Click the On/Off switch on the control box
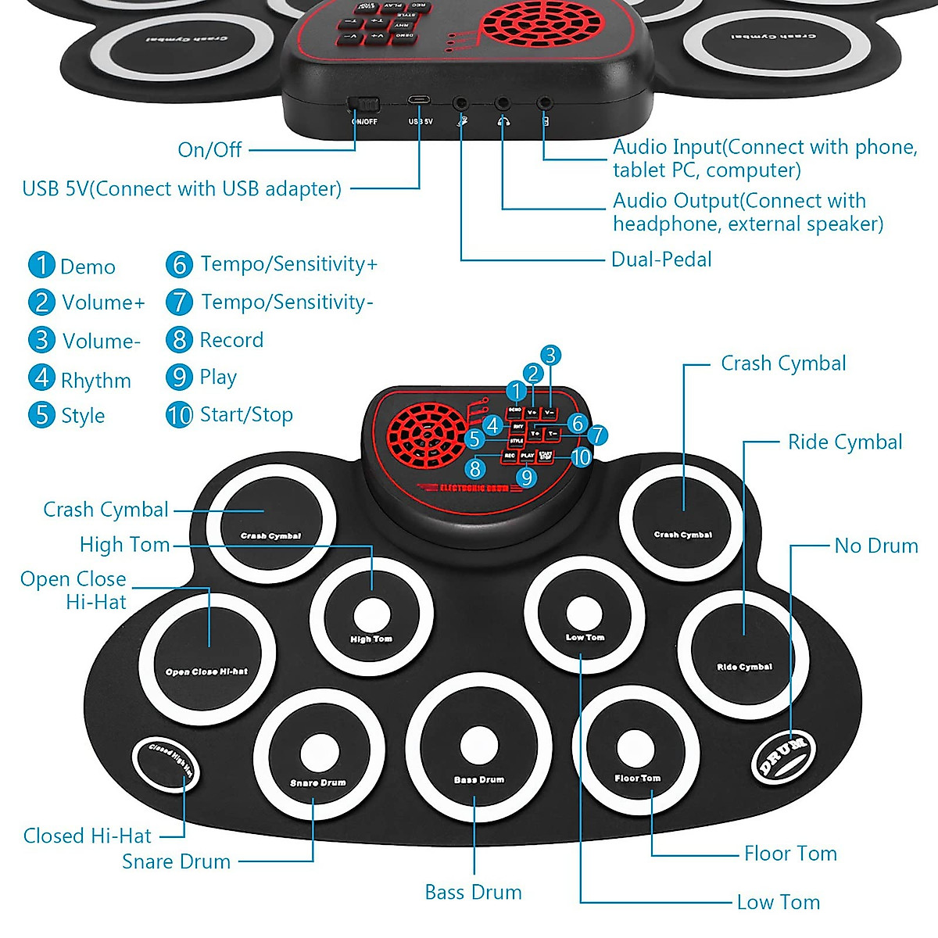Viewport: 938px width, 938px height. (x=363, y=104)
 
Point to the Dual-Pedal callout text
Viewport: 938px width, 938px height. (x=661, y=260)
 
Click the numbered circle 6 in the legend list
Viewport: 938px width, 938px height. (x=179, y=264)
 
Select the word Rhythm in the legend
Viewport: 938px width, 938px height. (x=95, y=381)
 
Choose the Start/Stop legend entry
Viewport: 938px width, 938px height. (x=246, y=414)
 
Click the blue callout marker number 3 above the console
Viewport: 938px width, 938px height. (x=550, y=356)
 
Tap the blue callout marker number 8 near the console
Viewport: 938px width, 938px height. (x=475, y=469)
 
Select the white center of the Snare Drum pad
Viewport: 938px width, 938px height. (x=320, y=752)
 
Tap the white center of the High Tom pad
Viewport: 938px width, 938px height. (x=371, y=614)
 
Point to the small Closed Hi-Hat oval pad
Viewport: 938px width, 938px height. (x=165, y=764)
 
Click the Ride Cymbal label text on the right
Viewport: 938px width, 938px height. (x=844, y=442)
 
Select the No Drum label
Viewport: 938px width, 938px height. (x=875, y=546)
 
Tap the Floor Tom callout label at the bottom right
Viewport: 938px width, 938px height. (x=789, y=854)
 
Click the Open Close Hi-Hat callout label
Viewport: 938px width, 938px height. (x=74, y=590)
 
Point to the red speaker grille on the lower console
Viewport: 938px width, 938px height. (x=427, y=435)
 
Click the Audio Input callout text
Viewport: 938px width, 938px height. (x=764, y=158)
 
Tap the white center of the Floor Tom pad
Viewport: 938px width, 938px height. (x=635, y=749)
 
